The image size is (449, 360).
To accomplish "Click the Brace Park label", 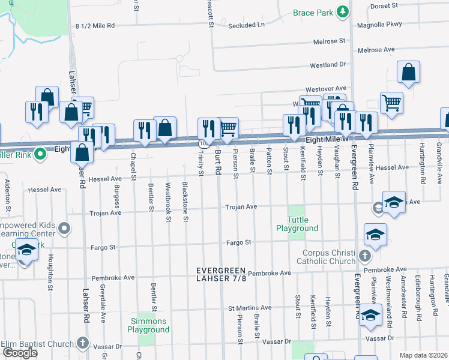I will click(x=313, y=13).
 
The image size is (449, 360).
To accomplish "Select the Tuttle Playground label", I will click(x=297, y=224).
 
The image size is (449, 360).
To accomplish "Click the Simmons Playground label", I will click(x=149, y=326).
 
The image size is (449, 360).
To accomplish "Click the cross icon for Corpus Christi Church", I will click(x=364, y=257).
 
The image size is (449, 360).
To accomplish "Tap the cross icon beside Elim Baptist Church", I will click(x=83, y=344).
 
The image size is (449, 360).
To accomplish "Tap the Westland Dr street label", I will click(x=328, y=65).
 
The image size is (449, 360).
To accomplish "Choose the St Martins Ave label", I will click(x=250, y=308).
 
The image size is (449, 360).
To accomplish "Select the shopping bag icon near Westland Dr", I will click(x=408, y=73).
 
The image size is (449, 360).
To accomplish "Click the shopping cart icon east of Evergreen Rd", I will click(x=391, y=102).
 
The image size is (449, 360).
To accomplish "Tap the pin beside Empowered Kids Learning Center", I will click(x=65, y=229).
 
